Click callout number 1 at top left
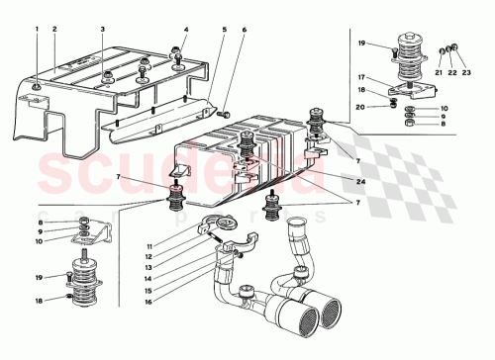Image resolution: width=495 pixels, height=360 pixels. click(x=38, y=30)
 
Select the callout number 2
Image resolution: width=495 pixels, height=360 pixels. click(x=55, y=30)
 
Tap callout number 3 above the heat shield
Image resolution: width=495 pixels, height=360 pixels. click(x=102, y=30)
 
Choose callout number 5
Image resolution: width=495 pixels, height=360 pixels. click(x=224, y=30)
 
